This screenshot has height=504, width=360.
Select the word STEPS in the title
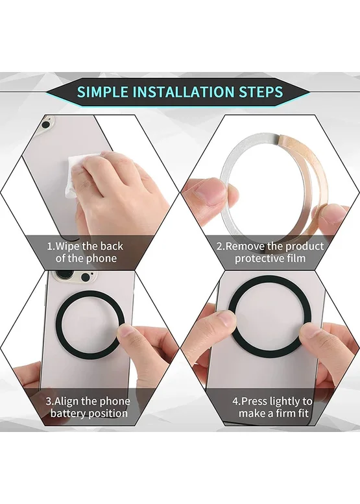(x=260, y=92)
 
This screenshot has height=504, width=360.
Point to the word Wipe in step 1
(x=67, y=246)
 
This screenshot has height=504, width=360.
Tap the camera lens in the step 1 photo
(x=47, y=125)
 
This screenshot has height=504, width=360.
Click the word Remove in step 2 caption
(x=245, y=246)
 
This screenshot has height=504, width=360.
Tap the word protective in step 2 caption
(x=258, y=258)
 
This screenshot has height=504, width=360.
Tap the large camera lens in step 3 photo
(x=63, y=277)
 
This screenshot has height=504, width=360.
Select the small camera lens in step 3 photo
(x=86, y=278)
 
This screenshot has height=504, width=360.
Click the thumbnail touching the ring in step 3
(x=126, y=331)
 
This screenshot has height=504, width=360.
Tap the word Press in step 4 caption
(x=254, y=401)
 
